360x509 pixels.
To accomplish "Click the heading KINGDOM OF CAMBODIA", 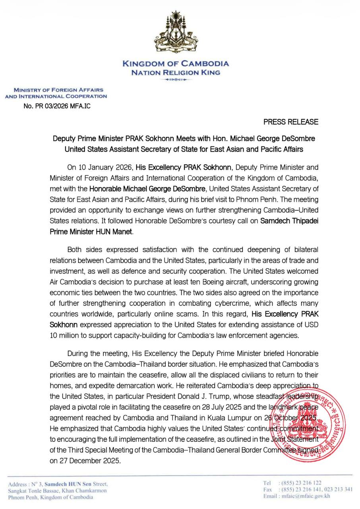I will point(175,64).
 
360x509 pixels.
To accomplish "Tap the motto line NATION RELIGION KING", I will point(175,72).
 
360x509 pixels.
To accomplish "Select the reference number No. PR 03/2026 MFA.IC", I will point(57,106).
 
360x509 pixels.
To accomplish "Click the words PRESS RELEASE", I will point(291,122).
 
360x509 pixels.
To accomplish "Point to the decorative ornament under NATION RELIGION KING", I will point(175,80).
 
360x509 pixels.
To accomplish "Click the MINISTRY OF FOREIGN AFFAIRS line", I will point(58,90).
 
